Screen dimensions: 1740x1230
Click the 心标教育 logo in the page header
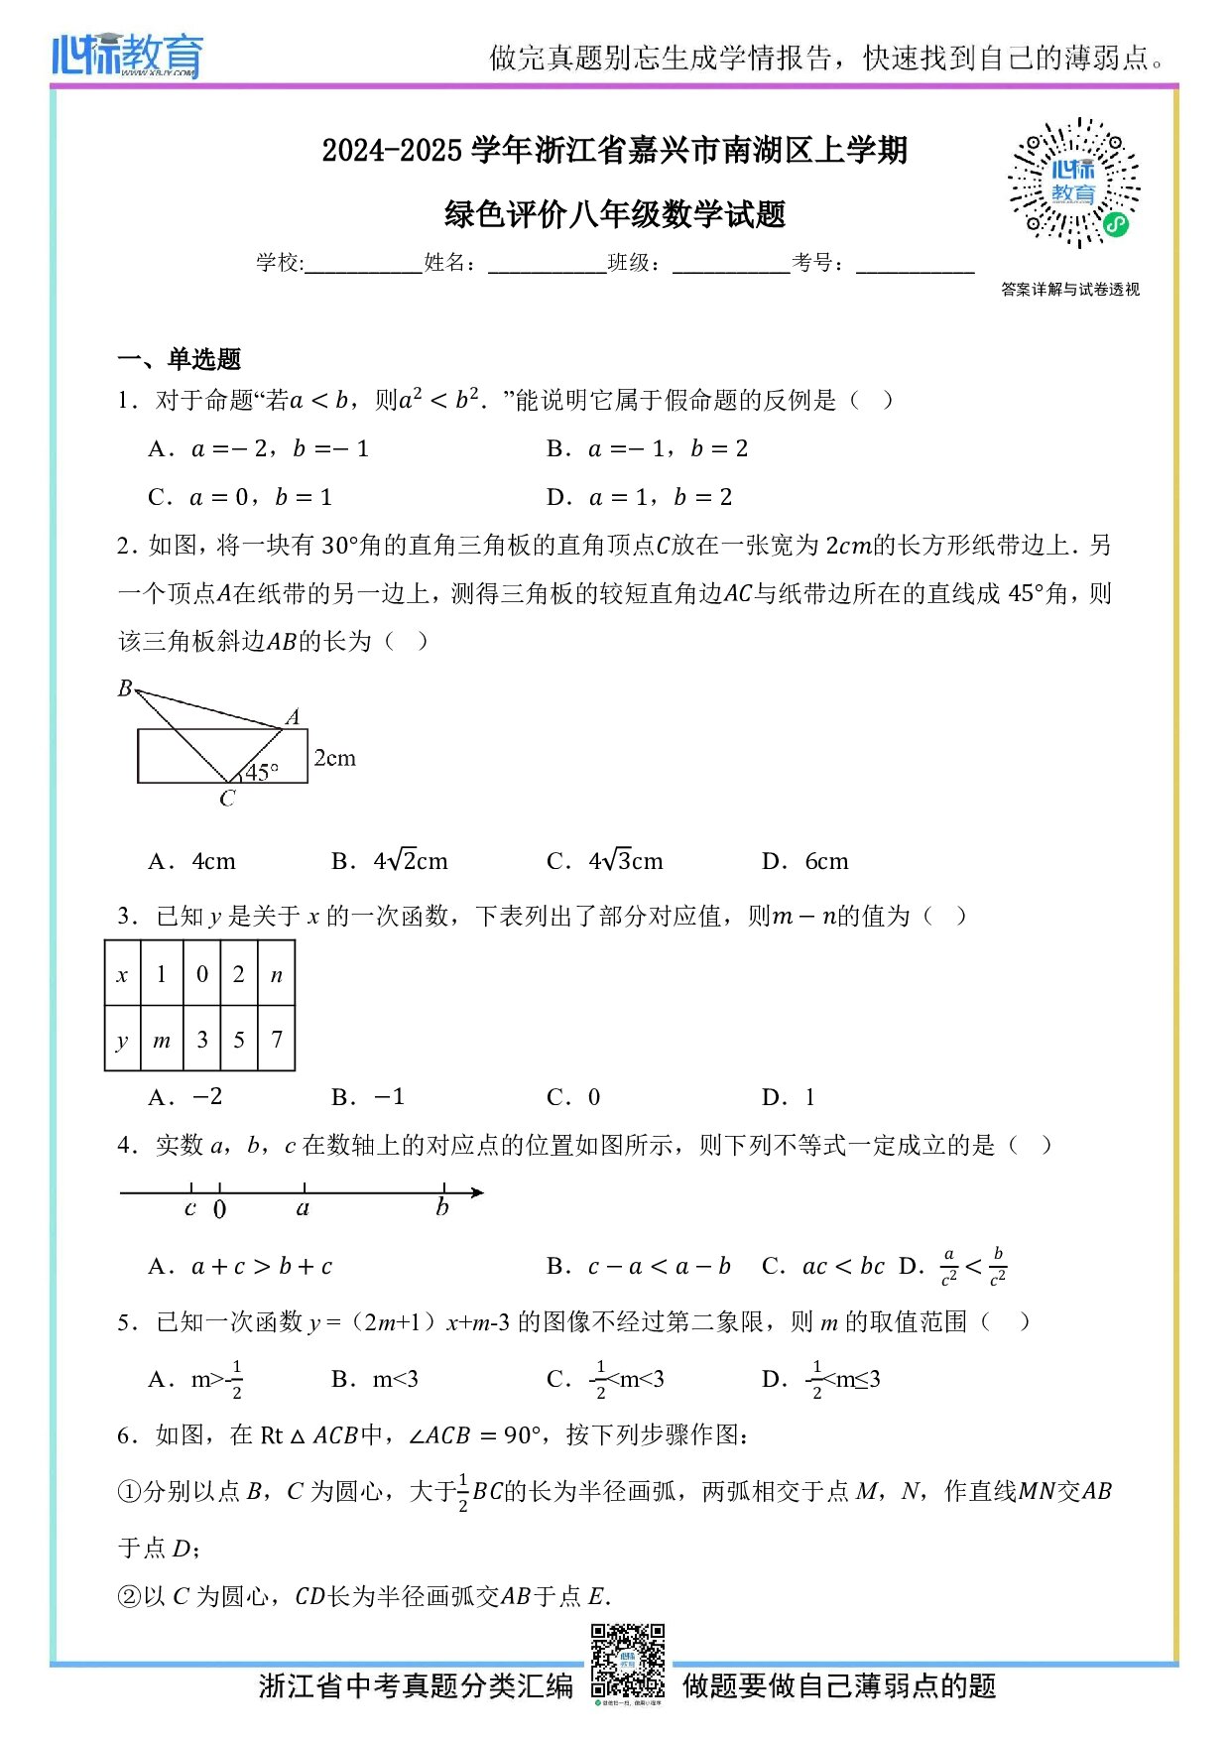click(x=127, y=56)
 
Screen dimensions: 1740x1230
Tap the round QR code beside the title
click(x=1074, y=184)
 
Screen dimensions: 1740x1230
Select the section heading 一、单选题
click(x=180, y=359)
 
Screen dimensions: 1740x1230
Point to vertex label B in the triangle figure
click(x=125, y=687)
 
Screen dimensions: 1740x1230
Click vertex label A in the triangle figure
click(x=293, y=716)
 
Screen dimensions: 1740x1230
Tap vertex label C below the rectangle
click(x=227, y=799)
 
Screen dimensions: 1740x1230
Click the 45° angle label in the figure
click(x=262, y=772)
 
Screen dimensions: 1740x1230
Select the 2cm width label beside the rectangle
click(x=334, y=758)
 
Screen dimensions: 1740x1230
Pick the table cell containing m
click(x=162, y=1040)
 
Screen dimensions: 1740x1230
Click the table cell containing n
click(x=277, y=974)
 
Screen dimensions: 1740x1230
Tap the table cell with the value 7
click(x=277, y=1040)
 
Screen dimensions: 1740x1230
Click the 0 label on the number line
click(x=219, y=1209)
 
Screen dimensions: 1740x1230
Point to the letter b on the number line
click(x=442, y=1207)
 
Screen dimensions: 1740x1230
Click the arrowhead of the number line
click(x=477, y=1191)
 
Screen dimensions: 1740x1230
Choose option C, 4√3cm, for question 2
click(x=605, y=861)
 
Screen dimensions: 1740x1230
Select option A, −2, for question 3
click(x=186, y=1097)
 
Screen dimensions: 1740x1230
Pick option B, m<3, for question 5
click(x=375, y=1379)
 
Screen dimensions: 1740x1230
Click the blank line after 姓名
click(x=547, y=264)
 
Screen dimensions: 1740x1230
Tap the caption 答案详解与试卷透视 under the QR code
click(x=1070, y=290)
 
